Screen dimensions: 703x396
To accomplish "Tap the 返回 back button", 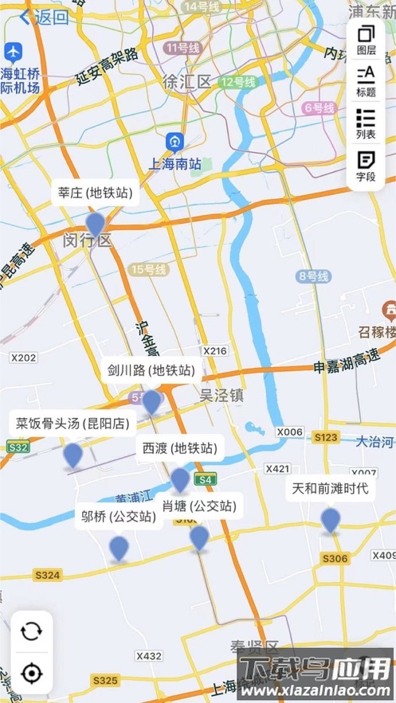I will (x=44, y=17).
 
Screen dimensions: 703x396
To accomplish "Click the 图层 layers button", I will (x=366, y=39).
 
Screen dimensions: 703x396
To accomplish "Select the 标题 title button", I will (x=366, y=80).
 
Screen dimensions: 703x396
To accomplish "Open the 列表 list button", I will (x=366, y=123).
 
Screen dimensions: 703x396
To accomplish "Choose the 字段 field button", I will (x=366, y=166).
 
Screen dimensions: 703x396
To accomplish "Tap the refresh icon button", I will (x=31, y=632).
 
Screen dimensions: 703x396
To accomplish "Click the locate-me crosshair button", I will (x=31, y=674).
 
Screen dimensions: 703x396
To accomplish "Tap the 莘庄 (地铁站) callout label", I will (x=95, y=193).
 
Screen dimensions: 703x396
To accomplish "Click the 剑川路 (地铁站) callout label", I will (x=151, y=370).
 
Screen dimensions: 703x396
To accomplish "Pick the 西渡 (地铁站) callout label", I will (x=179, y=448).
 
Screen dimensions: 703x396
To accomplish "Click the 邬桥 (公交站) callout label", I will (x=119, y=516).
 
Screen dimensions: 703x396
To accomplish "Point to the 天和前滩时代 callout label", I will (x=331, y=488).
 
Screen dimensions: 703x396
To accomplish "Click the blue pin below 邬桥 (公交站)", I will (x=119, y=548).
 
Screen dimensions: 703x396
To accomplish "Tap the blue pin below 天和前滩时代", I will (x=331, y=521).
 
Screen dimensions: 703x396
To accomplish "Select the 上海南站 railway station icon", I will (x=174, y=142).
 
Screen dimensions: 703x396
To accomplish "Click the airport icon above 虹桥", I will (x=13, y=53).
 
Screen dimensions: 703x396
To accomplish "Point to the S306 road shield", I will (x=335, y=559).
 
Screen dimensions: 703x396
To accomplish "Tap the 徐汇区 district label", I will (x=186, y=81).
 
